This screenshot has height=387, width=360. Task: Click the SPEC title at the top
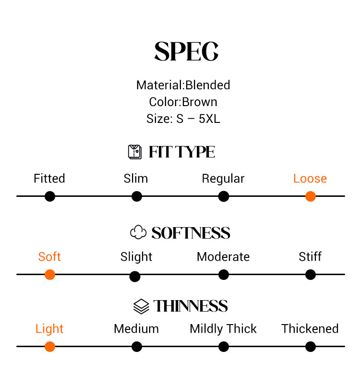click(x=186, y=51)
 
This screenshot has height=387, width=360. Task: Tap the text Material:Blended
click(x=183, y=85)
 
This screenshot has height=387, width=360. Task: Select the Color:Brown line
click(x=183, y=102)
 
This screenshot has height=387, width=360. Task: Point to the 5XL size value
click(x=209, y=119)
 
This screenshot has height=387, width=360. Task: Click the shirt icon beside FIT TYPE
click(x=135, y=152)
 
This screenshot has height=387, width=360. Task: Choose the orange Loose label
click(x=310, y=179)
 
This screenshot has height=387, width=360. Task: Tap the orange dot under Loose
click(x=311, y=196)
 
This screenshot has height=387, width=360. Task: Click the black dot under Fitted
click(x=50, y=196)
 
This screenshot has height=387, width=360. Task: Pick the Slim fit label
click(x=136, y=179)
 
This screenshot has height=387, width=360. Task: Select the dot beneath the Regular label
click(x=224, y=196)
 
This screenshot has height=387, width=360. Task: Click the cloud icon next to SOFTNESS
click(x=138, y=232)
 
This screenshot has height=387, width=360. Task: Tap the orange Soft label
click(x=49, y=257)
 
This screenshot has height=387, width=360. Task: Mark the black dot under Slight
click(x=135, y=277)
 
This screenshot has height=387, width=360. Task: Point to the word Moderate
click(x=223, y=257)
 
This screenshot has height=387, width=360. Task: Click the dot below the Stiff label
click(x=311, y=275)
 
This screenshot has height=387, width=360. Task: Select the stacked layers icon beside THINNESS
click(x=141, y=306)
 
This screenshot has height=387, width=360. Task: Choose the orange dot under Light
click(x=50, y=347)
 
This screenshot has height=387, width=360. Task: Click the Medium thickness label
click(x=136, y=329)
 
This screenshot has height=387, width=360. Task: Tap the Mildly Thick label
click(x=223, y=329)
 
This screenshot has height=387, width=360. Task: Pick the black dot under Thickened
click(x=311, y=347)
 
